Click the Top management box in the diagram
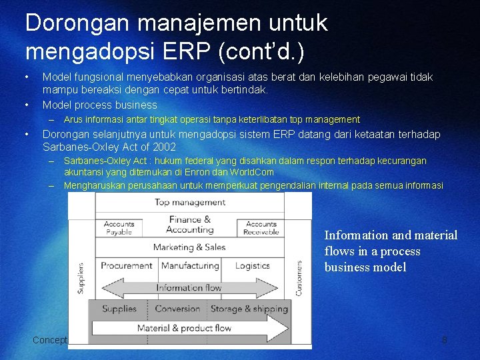coord(190,203)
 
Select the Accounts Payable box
coord(119,228)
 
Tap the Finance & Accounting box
coord(189,225)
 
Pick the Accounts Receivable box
coord(261,228)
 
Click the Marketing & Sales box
coord(189,247)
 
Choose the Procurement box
coord(127,266)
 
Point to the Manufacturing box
coord(190,266)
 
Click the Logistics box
coord(253,266)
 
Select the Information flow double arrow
coord(189,288)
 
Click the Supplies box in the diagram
coord(119,309)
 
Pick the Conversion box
coord(177,309)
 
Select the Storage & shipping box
coord(249,309)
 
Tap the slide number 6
coord(444,340)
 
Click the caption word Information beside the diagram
coord(356,235)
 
